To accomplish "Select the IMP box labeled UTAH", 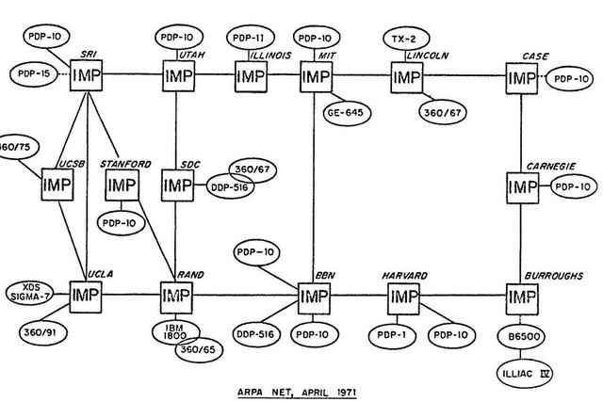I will tap(177, 73).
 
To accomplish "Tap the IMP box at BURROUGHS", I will tap(523, 297).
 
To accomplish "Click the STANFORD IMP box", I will tap(123, 186).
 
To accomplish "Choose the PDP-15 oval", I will tap(35, 72).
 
